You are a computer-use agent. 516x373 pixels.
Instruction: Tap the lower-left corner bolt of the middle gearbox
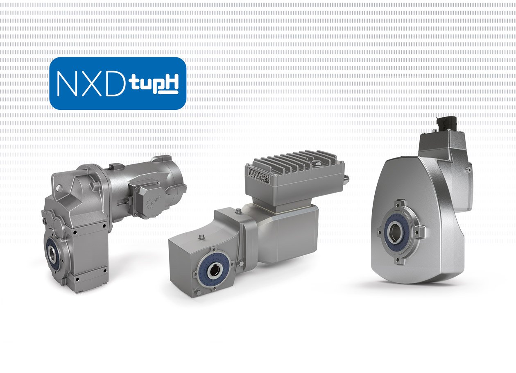198,292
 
